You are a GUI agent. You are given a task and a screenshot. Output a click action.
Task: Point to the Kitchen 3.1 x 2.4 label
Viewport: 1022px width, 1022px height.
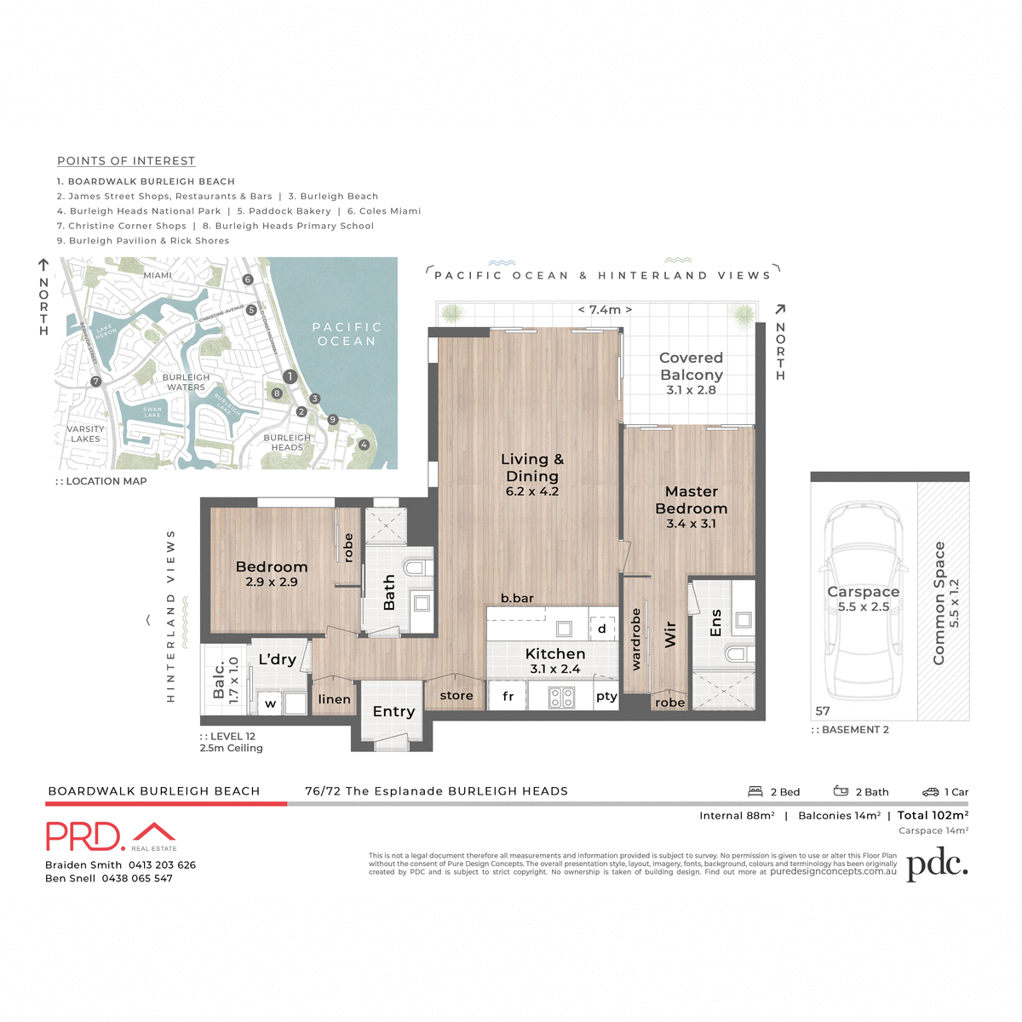point(554,660)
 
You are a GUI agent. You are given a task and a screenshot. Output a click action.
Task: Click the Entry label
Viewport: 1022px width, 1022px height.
point(393,711)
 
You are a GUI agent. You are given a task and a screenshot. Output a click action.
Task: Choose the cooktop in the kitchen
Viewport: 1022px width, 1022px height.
point(561,698)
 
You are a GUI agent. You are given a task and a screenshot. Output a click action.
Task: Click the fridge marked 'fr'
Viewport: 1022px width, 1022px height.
point(508,697)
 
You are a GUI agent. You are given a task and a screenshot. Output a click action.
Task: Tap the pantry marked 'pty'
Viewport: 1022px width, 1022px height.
point(606,697)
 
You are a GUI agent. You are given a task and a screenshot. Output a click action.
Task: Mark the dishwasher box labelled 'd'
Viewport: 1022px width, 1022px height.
point(602,629)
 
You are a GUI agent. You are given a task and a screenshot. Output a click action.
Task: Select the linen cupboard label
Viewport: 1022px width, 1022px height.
point(334,699)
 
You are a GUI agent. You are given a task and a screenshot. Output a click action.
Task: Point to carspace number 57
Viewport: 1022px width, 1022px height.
point(823,711)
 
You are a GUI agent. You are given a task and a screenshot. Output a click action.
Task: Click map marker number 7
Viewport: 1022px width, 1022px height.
point(96,382)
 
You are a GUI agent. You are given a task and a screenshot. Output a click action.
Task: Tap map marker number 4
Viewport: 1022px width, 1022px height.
point(364,445)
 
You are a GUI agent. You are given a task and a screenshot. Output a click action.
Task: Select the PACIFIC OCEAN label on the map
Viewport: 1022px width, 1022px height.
point(347,334)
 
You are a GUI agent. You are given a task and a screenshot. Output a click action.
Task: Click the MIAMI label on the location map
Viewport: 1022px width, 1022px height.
point(158,276)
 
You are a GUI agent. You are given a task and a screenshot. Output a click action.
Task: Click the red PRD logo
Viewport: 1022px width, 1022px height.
point(85,836)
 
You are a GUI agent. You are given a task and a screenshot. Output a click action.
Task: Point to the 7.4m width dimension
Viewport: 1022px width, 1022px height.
point(605,310)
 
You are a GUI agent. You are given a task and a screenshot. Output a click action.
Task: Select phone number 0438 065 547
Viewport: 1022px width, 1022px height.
point(137,878)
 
